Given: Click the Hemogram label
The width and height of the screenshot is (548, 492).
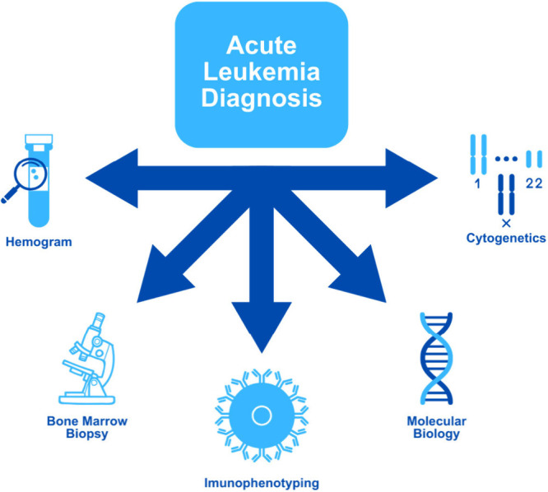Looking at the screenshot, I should [x=39, y=243].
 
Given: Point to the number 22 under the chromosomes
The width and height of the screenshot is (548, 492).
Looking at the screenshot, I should [x=533, y=184].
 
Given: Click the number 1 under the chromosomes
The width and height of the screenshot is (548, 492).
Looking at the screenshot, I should [x=476, y=184].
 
